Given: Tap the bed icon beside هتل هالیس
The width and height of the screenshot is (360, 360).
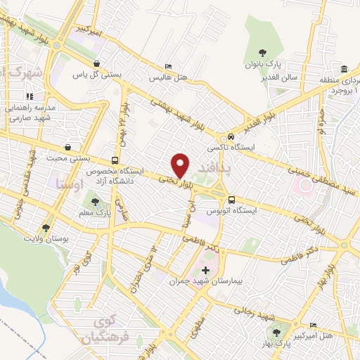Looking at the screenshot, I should coord(167,66).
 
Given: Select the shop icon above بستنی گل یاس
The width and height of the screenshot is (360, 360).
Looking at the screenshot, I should coord(105,62).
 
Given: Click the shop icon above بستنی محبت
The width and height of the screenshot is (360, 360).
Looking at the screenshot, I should coord(68,148).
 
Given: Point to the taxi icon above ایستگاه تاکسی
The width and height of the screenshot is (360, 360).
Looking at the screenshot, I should coord(231,138).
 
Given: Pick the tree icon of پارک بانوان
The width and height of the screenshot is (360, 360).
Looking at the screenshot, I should coord(262,52).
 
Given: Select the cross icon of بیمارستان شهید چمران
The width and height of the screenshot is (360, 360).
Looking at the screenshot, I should coord(205,270).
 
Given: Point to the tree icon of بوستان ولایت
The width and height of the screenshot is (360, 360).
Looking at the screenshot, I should coord(46,228).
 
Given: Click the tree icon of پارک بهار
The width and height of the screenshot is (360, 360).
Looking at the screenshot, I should coord(275,333).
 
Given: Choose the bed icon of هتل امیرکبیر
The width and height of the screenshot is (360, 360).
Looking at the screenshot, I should coord(314,326).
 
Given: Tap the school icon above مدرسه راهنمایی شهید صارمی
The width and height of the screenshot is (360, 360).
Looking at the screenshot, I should coord(30,97).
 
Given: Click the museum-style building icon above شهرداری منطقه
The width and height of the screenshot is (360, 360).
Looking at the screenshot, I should coord(344,69).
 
